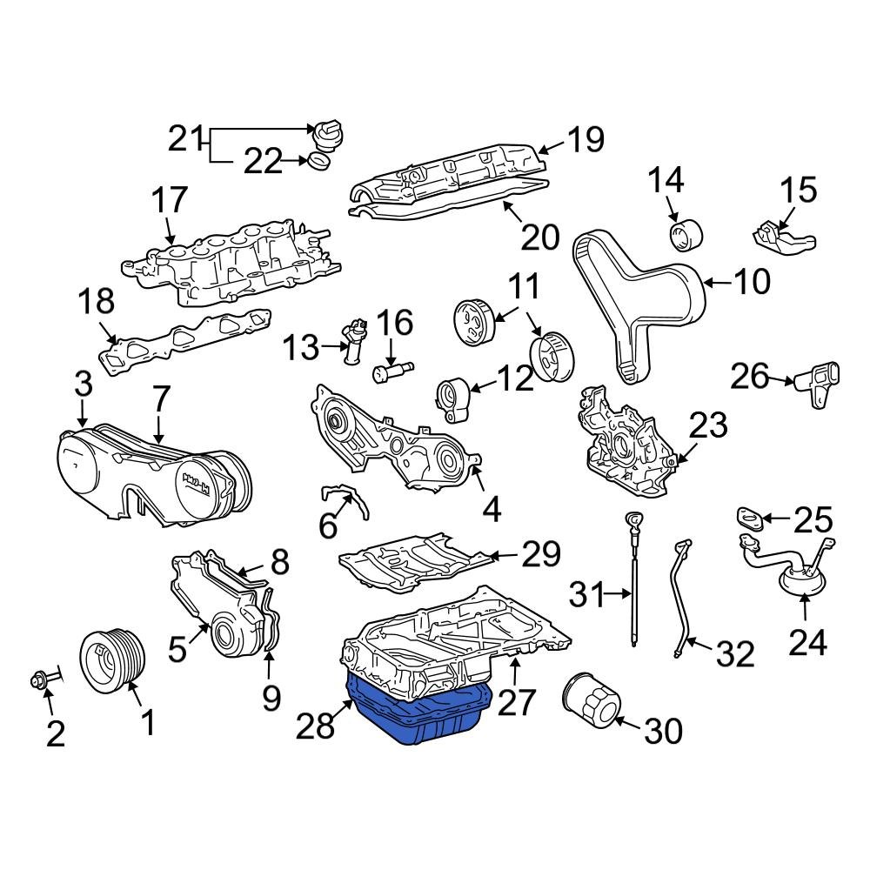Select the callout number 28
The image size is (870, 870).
point(315,725)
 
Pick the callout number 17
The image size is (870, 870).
point(169,200)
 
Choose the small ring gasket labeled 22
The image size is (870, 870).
point(320,162)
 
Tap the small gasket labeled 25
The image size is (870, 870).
point(751,519)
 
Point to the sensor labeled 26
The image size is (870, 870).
point(818,383)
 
